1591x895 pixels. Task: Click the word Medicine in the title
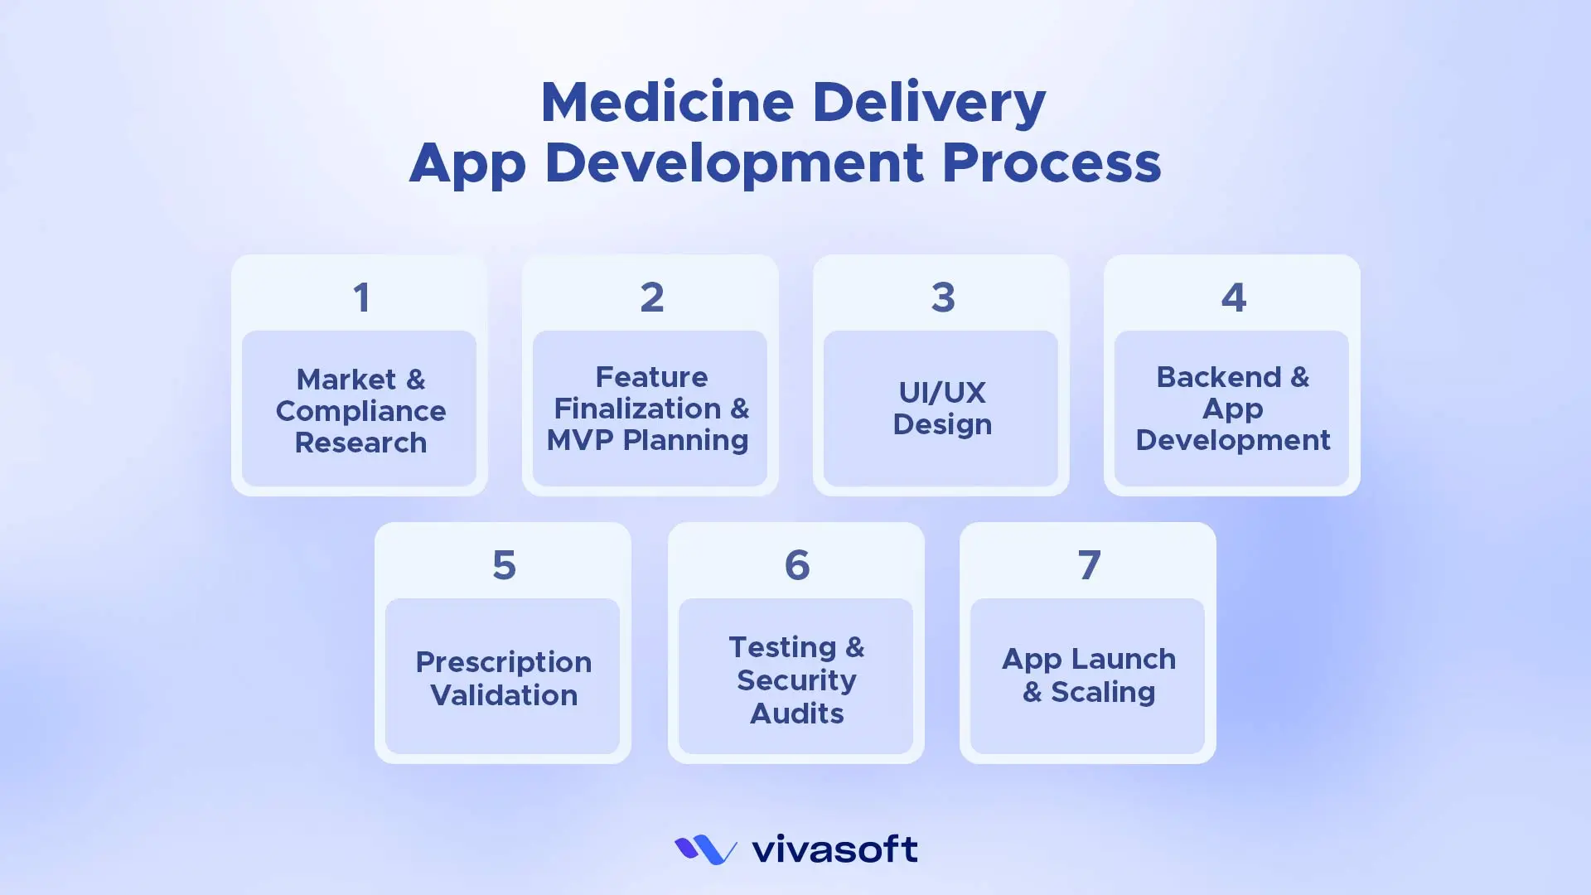pos(668,102)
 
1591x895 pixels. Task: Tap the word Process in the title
pos(1052,162)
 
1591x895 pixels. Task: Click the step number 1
pos(361,298)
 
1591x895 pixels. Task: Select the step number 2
pos(652,298)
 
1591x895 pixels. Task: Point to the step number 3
pos(943,298)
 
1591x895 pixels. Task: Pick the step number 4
pos(1234,298)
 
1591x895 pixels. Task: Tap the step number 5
pos(504,565)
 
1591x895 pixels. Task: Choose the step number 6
pos(797,565)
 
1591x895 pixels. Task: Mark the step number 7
pos(1089,565)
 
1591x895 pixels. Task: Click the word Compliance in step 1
pos(360,411)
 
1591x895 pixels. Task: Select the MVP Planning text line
pos(648,440)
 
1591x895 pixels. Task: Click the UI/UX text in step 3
pos(942,392)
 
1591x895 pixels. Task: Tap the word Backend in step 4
pos(1219,377)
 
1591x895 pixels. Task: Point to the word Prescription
pos(504,662)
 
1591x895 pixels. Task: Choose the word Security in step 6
pos(796,680)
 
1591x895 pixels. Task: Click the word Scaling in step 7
pos(1103,693)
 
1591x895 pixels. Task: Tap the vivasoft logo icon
pos(705,849)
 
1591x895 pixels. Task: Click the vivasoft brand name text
pos(834,849)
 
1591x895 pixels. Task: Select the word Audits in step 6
pos(797,714)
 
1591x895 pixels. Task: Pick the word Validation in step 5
pos(504,695)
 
